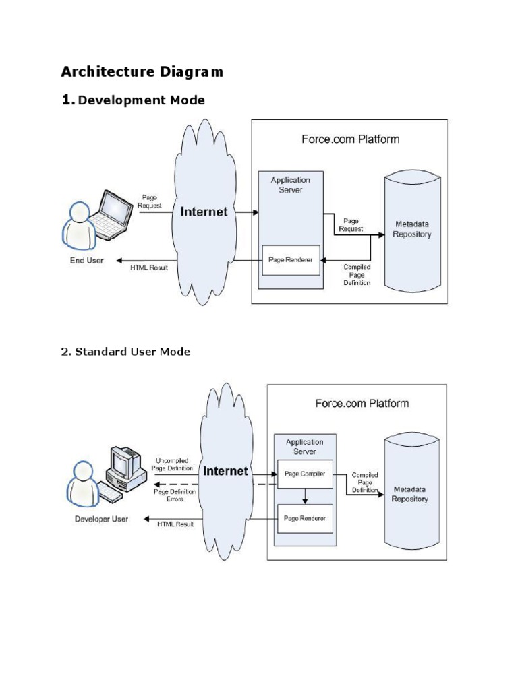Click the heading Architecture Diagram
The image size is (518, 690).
[142, 71]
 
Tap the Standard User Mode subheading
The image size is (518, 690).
[125, 352]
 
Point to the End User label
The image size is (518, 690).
[86, 261]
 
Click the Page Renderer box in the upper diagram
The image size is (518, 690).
[291, 260]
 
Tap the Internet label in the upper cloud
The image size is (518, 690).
[204, 212]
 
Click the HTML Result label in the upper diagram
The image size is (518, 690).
[149, 268]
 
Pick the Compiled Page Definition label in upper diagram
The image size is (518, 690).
[356, 275]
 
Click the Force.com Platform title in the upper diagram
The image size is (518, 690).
[349, 139]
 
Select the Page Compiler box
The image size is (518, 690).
[305, 474]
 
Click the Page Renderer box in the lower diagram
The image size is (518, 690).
[305, 518]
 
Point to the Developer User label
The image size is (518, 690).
[100, 520]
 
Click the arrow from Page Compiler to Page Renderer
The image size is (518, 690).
[305, 497]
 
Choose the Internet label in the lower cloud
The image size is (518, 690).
[226, 471]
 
